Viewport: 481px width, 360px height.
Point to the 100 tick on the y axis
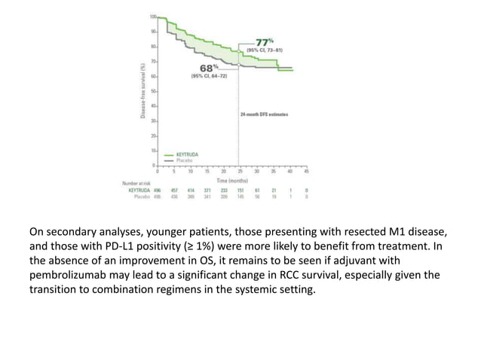point(152,17)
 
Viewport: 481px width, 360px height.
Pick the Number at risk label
point(137,183)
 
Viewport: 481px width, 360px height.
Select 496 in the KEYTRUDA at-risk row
point(158,190)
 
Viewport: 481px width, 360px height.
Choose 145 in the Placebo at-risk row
point(240,196)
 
